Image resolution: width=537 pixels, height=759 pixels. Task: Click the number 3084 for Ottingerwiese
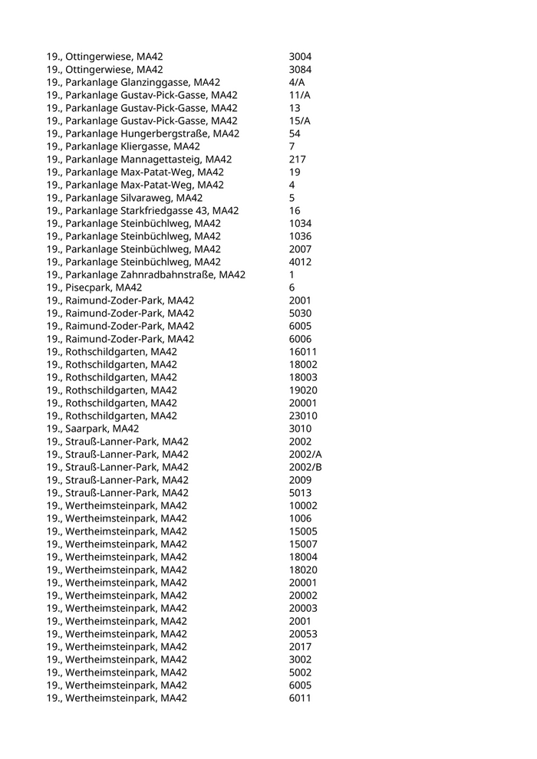[x=300, y=70]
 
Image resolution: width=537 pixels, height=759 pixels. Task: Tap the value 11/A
[x=299, y=95]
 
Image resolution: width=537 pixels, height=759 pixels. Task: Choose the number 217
[x=297, y=159]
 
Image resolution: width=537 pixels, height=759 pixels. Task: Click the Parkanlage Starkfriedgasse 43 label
[x=143, y=211]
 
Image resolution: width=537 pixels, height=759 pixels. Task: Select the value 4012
[x=300, y=262]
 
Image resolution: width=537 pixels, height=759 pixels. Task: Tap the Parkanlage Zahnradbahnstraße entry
[x=146, y=274]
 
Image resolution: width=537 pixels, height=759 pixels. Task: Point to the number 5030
[x=300, y=313]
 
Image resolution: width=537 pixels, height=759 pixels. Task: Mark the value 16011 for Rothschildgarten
[x=303, y=352]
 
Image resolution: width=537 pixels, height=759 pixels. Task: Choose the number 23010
[x=303, y=416]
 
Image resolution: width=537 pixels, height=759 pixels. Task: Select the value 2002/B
[x=305, y=467]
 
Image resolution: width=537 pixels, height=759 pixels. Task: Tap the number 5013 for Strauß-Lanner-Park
[x=300, y=493]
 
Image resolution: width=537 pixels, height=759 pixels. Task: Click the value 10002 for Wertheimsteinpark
[x=303, y=505]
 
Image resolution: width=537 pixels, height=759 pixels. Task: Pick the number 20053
[x=303, y=634]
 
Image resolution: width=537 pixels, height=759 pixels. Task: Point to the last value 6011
[x=300, y=698]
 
